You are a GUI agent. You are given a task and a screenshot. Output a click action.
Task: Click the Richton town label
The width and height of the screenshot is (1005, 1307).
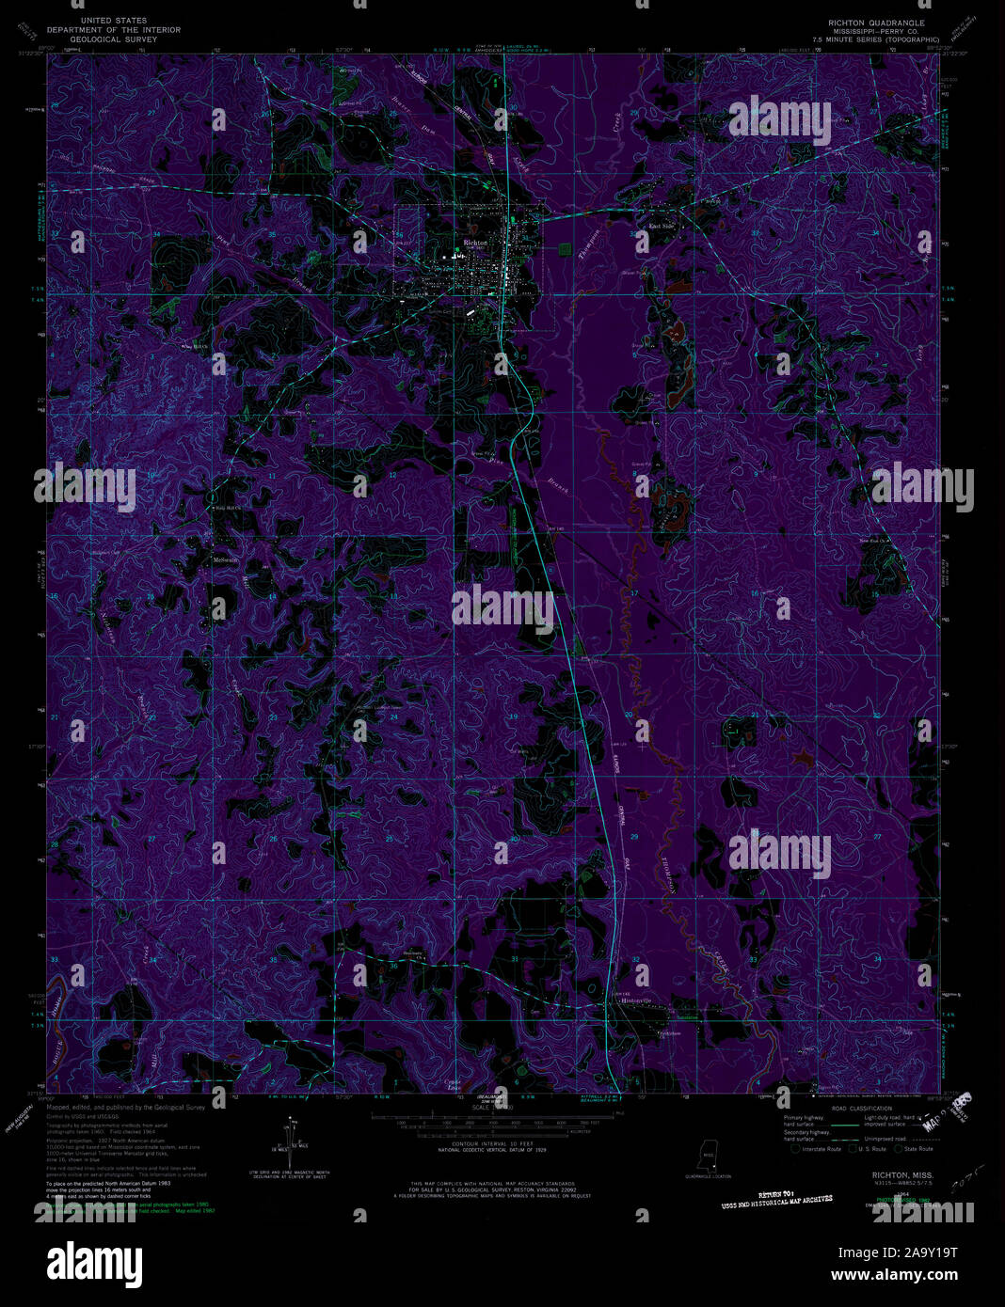pyautogui.click(x=476, y=243)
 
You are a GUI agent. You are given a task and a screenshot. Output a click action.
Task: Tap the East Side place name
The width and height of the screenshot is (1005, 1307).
pyautogui.click(x=662, y=226)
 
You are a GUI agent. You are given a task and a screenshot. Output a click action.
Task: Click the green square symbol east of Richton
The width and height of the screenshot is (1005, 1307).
pyautogui.click(x=564, y=248)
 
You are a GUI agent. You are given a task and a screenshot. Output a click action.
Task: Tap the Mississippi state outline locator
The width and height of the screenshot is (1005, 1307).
pyautogui.click(x=707, y=1153)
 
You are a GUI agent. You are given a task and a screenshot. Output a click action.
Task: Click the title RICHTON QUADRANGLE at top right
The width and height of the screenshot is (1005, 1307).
pyautogui.click(x=876, y=23)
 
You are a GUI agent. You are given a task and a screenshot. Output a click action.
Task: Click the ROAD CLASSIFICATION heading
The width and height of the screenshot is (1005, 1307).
pyautogui.click(x=861, y=1110)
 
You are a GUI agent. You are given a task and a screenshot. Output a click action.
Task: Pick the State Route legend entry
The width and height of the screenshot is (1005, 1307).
pyautogui.click(x=914, y=1149)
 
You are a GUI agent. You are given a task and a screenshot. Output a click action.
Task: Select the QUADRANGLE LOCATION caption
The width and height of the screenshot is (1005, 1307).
pyautogui.click(x=708, y=1175)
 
